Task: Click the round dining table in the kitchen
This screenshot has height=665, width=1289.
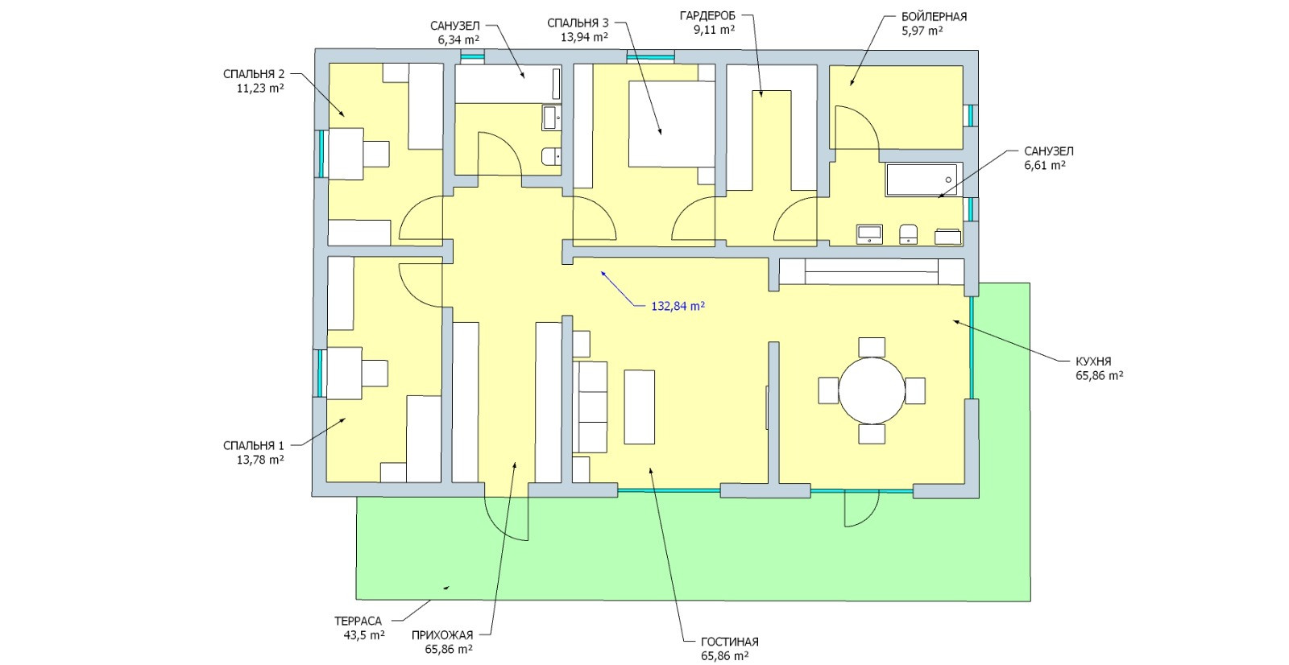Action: coord(872,390)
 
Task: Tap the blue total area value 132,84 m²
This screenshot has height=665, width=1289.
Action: coord(678,306)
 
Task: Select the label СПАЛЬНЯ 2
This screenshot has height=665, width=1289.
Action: coord(254,74)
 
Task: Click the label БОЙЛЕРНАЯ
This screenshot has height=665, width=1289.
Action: coord(934,16)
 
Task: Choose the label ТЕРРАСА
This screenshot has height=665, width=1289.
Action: coord(358,621)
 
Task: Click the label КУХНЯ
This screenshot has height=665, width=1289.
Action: coord(1093,362)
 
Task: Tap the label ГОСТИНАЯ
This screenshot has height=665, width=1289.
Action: coord(730,642)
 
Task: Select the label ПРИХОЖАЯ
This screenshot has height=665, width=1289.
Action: coord(442,635)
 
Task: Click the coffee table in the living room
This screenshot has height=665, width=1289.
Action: coord(640,406)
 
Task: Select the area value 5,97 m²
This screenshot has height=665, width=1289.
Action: coord(922,31)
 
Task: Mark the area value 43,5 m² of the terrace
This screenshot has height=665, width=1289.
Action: coord(363,634)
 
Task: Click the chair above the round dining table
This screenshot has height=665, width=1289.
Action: coord(872,347)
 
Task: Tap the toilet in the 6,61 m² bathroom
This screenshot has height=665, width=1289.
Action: coord(909,233)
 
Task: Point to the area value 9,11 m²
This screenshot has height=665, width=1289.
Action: coord(714,30)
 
